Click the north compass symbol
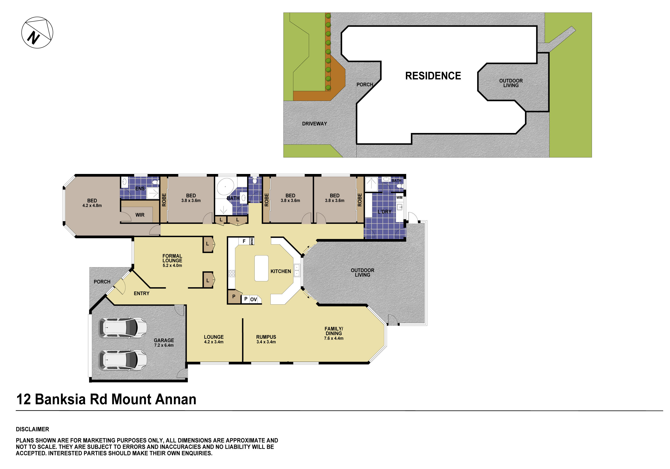[37, 32]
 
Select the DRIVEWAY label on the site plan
[314, 124]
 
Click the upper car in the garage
[123, 327]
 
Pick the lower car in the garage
[123, 360]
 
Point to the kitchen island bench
[261, 268]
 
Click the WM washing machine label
[399, 197]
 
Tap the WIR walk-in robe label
[140, 215]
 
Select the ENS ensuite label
[140, 189]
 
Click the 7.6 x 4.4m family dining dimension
[334, 338]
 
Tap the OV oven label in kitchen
[253, 299]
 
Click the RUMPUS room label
[266, 337]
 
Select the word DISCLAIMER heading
[32, 429]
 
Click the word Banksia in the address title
[60, 400]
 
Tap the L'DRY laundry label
[384, 212]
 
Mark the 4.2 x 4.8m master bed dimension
[92, 206]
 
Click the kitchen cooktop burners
[232, 273]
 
